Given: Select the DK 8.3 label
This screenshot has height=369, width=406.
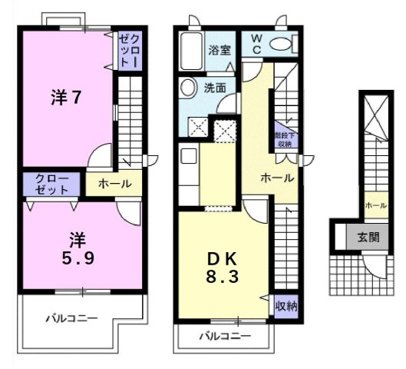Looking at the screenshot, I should point(223,266).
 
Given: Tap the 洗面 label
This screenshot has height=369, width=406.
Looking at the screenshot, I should point(215,88).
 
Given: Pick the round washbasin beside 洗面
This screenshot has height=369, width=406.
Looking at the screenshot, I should point(187,88).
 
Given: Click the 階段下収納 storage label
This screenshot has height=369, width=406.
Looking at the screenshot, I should point(284,138).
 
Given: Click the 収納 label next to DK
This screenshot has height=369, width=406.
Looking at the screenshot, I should point(286,305).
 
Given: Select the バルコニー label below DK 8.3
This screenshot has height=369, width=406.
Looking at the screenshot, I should point(225,336).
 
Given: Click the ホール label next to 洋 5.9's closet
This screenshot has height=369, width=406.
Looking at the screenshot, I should point(114,184).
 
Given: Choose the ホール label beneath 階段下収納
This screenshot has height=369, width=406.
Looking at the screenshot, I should point(276,178).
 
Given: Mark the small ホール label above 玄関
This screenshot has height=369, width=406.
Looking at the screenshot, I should point(375,205).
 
